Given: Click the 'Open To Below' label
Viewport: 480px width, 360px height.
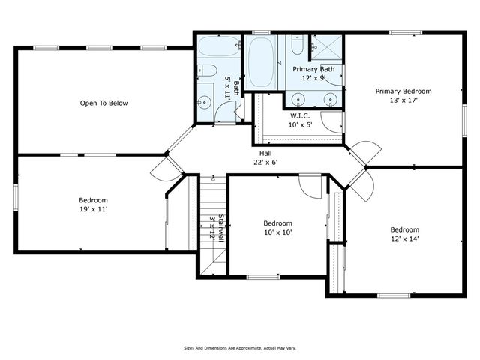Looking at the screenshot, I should [103, 103].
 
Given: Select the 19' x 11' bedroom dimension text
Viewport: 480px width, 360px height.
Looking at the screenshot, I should [94, 210].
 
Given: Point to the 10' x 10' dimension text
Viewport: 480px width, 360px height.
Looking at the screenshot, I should [277, 232].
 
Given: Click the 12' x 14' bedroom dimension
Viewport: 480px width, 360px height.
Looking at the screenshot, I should [403, 238].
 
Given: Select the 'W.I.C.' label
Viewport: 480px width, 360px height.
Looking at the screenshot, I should [301, 115].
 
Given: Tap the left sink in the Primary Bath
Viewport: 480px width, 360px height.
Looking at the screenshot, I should [299, 98].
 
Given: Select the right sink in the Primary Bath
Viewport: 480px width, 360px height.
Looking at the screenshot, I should [330, 98].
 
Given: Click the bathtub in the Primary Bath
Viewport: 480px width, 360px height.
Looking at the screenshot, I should [262, 61].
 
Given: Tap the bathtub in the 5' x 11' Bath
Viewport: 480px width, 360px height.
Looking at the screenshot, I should [217, 49].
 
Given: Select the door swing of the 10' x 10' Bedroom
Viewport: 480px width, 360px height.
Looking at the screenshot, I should [309, 184].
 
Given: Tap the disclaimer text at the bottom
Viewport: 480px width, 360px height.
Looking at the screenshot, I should [241, 348].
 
